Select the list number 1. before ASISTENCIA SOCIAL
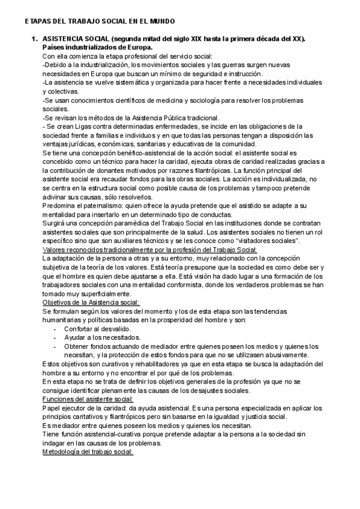coord(34,39)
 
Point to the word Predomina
coord(62,206)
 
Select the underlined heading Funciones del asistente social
coord(88,399)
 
